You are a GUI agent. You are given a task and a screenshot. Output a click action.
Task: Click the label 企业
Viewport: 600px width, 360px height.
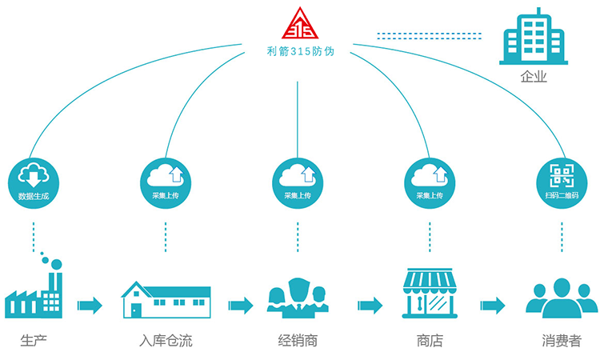[533, 77]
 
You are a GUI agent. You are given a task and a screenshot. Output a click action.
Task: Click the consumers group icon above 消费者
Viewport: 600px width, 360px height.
[562, 296]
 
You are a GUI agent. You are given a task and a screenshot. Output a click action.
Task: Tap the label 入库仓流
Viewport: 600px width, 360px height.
[166, 341]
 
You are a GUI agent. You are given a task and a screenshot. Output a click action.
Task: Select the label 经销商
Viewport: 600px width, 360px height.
[298, 341]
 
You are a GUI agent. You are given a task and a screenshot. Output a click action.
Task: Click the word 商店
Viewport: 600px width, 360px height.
[430, 341]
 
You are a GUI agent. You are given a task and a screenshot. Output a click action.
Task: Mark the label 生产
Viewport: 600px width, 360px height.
[34, 341]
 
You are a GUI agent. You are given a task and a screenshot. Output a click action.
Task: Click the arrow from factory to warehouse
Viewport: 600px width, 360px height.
[90, 305]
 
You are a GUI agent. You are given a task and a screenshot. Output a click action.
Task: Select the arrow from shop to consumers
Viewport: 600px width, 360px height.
[493, 305]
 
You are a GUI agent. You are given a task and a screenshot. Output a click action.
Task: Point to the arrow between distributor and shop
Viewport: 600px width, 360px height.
[370, 305]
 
